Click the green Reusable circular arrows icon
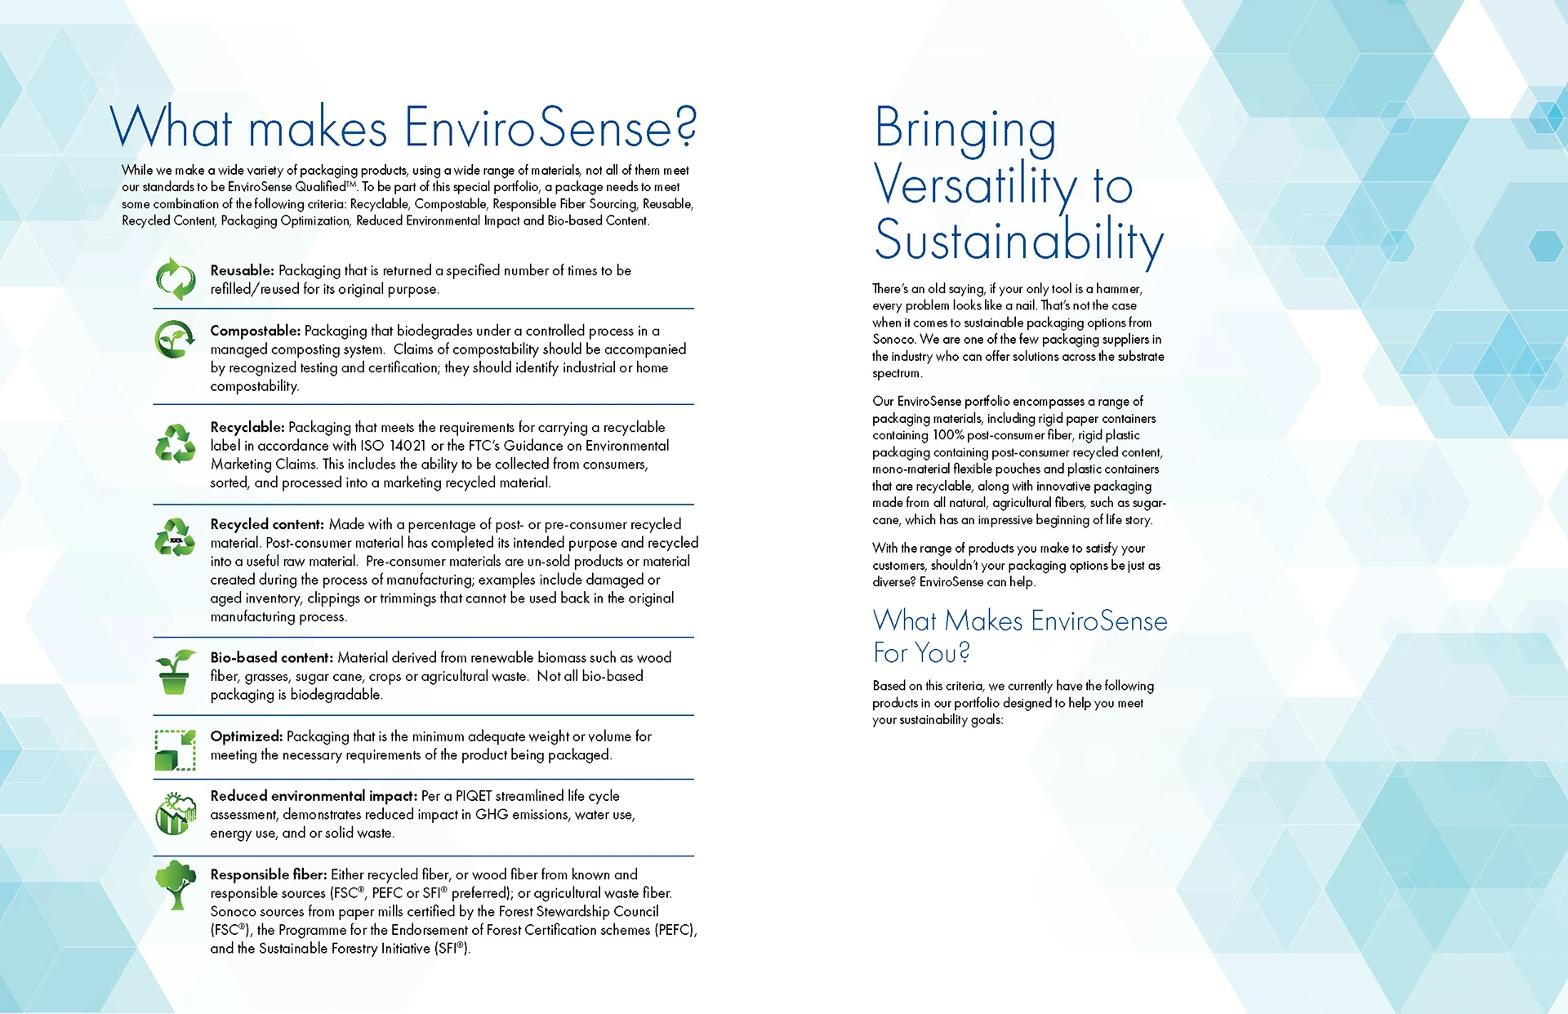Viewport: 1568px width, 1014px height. (x=176, y=279)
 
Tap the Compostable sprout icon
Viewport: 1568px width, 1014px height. (x=175, y=339)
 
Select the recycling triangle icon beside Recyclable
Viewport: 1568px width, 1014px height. (x=176, y=443)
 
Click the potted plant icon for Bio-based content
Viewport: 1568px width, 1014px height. (x=176, y=672)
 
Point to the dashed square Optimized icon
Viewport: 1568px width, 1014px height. (x=176, y=749)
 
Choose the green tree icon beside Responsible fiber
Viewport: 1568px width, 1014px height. (x=176, y=884)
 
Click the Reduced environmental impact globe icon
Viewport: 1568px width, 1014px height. (x=176, y=814)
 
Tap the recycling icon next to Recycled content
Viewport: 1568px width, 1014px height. (x=176, y=538)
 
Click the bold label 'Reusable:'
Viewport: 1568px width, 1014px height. (x=242, y=270)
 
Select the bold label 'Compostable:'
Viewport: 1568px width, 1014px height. (x=255, y=331)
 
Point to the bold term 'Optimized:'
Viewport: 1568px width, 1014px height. (x=246, y=736)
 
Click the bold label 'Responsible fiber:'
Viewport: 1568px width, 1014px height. (x=268, y=874)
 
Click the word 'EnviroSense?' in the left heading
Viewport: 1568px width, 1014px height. (x=550, y=128)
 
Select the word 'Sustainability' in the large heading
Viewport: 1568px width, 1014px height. (x=1018, y=241)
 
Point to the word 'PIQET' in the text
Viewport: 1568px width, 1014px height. (x=474, y=796)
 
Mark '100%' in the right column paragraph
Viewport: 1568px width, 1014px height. (x=948, y=435)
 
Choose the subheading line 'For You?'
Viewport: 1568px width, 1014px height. (x=921, y=653)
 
